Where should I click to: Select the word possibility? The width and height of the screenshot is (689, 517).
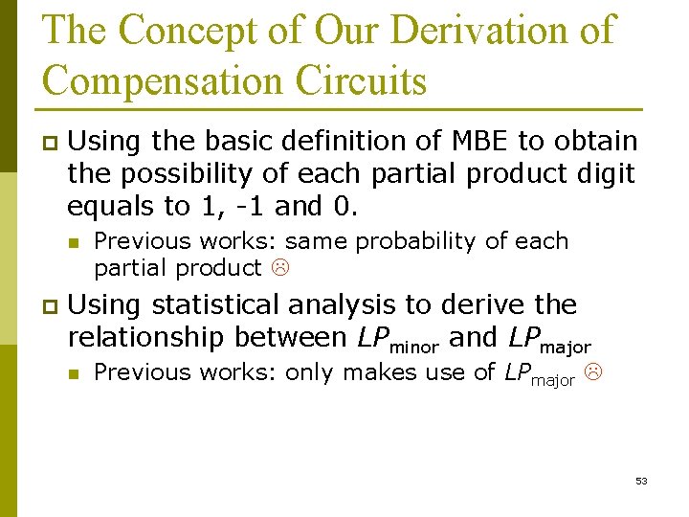tap(192, 174)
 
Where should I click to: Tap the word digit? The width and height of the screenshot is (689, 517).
tap(600, 174)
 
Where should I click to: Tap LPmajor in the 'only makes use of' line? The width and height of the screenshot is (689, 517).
tap(539, 374)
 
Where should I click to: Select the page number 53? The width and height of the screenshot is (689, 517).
tap(641, 481)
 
